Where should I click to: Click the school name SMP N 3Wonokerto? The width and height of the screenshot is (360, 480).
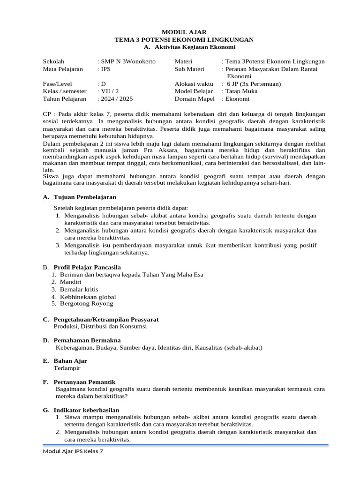(128, 61)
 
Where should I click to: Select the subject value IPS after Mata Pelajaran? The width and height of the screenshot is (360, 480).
(105, 69)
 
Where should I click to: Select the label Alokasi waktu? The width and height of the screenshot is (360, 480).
(194, 84)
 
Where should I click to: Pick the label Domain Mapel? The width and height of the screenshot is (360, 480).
(195, 99)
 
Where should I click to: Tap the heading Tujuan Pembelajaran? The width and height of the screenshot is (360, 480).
(85, 197)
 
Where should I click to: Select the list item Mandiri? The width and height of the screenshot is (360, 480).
(71, 282)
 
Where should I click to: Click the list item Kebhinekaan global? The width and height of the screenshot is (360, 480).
(88, 297)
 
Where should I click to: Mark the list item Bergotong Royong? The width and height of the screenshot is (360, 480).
(86, 304)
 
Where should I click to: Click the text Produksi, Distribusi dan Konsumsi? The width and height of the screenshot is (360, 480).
(100, 326)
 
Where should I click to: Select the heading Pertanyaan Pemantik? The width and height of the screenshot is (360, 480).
(84, 382)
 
